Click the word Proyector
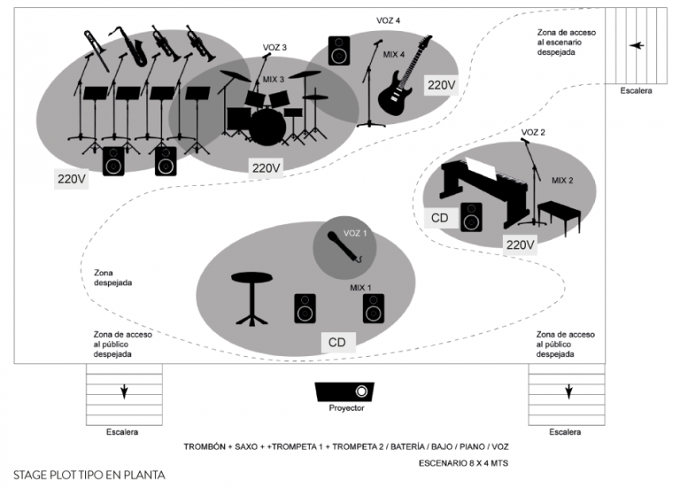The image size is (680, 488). pos(346,408)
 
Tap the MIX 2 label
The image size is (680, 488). pos(562,180)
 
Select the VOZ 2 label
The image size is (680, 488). pos(533,132)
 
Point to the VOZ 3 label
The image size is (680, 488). pos(274,47)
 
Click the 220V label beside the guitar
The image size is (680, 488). pos(440,85)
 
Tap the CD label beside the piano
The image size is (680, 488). pos(440,217)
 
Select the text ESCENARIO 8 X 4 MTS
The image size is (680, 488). pos(462,463)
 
